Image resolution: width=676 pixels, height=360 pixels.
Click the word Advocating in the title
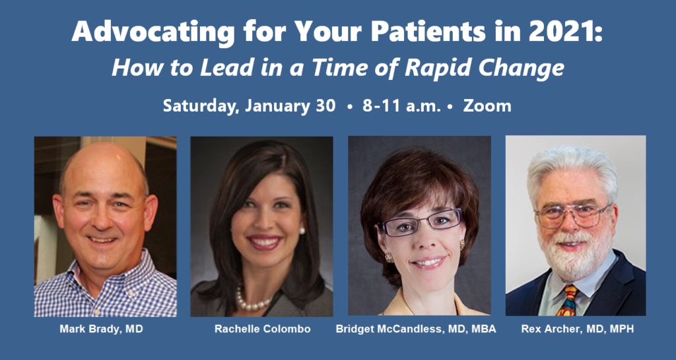click(153, 32)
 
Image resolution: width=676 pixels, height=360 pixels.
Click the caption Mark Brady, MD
click(101, 329)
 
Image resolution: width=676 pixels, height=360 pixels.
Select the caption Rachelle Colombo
click(263, 329)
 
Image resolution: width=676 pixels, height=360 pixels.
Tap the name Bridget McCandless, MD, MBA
click(416, 329)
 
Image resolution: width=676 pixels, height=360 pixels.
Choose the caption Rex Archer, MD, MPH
click(578, 329)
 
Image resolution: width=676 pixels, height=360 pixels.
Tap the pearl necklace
click(252, 300)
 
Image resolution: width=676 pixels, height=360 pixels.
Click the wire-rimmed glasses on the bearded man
click(572, 215)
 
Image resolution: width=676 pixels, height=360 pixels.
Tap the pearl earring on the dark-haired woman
click(302, 231)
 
